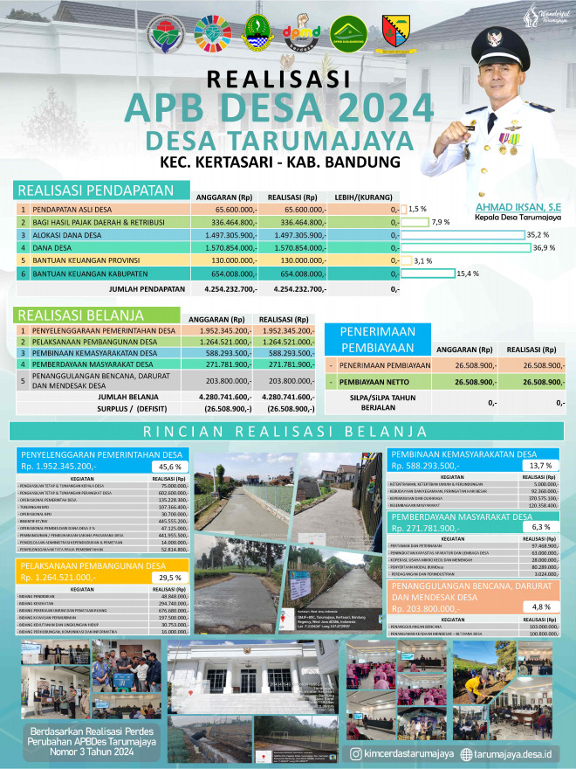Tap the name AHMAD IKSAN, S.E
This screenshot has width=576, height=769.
[x=517, y=206]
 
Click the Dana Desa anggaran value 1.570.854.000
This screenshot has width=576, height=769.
[x=228, y=247]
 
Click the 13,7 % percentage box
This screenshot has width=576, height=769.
[x=537, y=465]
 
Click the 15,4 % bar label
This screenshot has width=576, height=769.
[x=469, y=274]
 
